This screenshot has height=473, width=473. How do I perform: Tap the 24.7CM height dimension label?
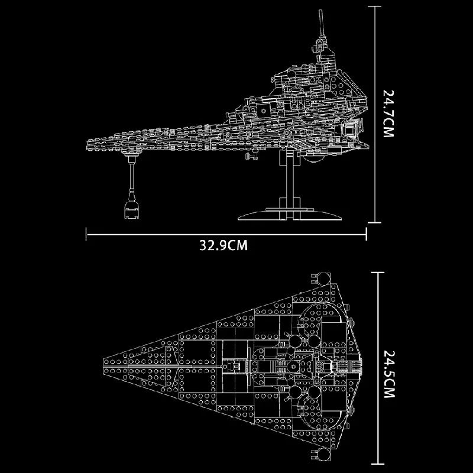tap(388, 114)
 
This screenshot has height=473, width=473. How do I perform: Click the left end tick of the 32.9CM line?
tap(87, 234)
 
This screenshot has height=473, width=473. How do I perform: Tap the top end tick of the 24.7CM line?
tap(372, 5)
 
